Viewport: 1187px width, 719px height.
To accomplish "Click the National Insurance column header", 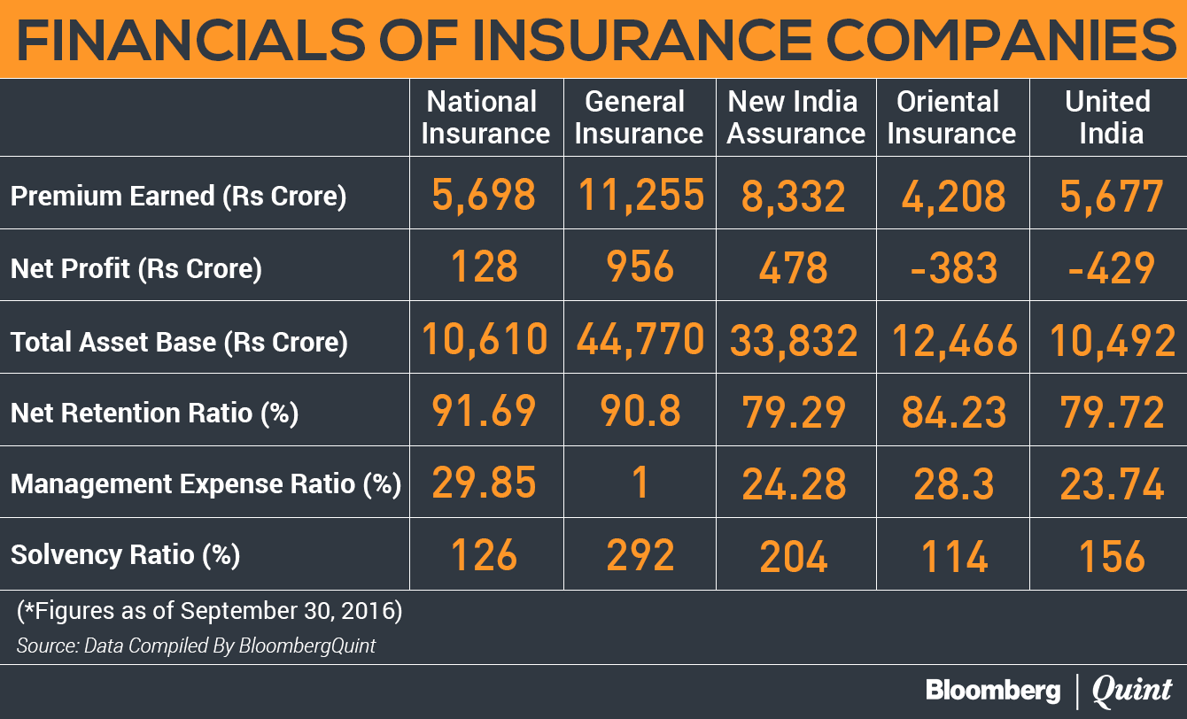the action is click(x=485, y=117).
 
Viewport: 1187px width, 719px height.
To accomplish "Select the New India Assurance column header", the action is click(x=796, y=117).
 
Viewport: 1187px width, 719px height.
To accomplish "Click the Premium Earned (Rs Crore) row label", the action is click(x=179, y=196).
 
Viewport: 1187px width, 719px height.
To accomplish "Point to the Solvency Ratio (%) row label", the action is click(x=126, y=555).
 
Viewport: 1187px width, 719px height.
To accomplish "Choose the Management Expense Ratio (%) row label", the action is click(x=206, y=483).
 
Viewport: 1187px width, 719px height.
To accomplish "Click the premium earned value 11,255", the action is click(x=640, y=196).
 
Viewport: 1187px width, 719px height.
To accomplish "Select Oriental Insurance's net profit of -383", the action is click(x=954, y=267).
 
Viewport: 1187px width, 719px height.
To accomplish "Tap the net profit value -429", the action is click(x=1111, y=267).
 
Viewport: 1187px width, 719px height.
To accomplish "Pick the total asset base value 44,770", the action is click(x=640, y=340).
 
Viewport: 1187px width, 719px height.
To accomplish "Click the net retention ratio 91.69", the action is click(x=484, y=411).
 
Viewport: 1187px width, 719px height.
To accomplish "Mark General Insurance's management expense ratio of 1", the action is click(x=640, y=483).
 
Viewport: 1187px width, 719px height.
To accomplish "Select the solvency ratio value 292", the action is click(x=640, y=555).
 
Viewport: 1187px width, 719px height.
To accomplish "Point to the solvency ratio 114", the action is click(x=954, y=556).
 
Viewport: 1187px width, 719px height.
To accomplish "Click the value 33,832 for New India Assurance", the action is click(x=794, y=341).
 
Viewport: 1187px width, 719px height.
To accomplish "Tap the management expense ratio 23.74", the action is click(x=1112, y=483).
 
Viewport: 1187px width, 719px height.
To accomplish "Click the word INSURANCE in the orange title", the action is click(x=641, y=40).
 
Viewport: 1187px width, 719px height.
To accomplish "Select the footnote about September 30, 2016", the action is click(x=210, y=611).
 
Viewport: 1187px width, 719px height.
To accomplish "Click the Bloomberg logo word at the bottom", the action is click(x=994, y=691).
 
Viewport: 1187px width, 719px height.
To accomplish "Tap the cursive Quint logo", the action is click(x=1132, y=691).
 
